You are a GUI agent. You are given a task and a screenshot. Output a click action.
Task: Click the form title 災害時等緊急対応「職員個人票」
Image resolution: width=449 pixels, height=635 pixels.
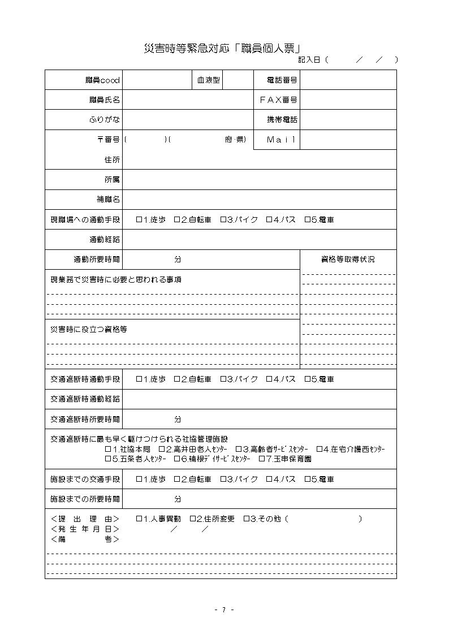click(222, 49)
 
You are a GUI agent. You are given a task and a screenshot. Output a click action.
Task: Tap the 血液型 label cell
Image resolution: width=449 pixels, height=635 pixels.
click(208, 80)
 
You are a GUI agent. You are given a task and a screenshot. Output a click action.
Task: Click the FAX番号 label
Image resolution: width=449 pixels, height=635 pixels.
click(278, 100)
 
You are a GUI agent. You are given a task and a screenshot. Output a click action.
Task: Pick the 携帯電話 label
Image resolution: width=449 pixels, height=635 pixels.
click(282, 120)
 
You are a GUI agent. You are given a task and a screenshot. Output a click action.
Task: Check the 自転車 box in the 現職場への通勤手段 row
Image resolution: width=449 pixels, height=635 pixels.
click(177, 220)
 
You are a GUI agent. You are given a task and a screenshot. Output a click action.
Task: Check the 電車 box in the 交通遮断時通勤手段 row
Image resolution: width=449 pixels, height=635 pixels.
click(308, 379)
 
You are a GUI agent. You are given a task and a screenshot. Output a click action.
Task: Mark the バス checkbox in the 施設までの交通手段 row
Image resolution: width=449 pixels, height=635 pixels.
click(269, 480)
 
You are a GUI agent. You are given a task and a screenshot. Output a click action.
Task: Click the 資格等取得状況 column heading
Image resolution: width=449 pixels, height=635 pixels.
click(347, 260)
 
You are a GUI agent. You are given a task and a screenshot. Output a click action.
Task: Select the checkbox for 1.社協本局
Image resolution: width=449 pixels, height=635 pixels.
click(108, 449)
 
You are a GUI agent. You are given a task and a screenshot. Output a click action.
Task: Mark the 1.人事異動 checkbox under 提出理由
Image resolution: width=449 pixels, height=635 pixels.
click(139, 519)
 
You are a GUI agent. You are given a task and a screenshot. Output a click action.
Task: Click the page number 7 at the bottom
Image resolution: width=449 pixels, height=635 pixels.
click(224, 610)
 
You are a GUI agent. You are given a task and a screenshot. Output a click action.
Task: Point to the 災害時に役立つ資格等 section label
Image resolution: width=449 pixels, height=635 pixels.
click(88, 329)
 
